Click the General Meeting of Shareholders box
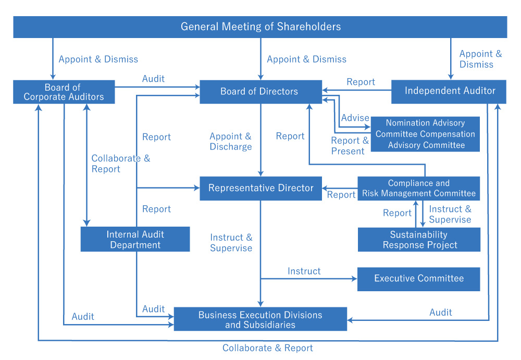pos(260,27)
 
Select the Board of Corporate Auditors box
pos(64,92)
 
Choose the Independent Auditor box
pos(450,91)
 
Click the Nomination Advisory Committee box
pos(425,134)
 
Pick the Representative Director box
pos(260,188)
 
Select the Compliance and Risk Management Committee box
pos(418,188)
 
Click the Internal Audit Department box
pos(135,240)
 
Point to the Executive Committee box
pos(418,279)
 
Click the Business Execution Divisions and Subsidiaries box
pos(260,319)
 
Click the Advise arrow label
pos(355,118)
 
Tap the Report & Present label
pos(348,146)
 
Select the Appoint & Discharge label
pos(231,141)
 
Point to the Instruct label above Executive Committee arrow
pos(304,271)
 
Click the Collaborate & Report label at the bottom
pos(268,348)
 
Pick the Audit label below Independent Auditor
pos(441,312)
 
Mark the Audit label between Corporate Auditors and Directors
pos(153,79)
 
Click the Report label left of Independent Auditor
pos(361,82)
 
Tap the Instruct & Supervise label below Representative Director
pos(231,243)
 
